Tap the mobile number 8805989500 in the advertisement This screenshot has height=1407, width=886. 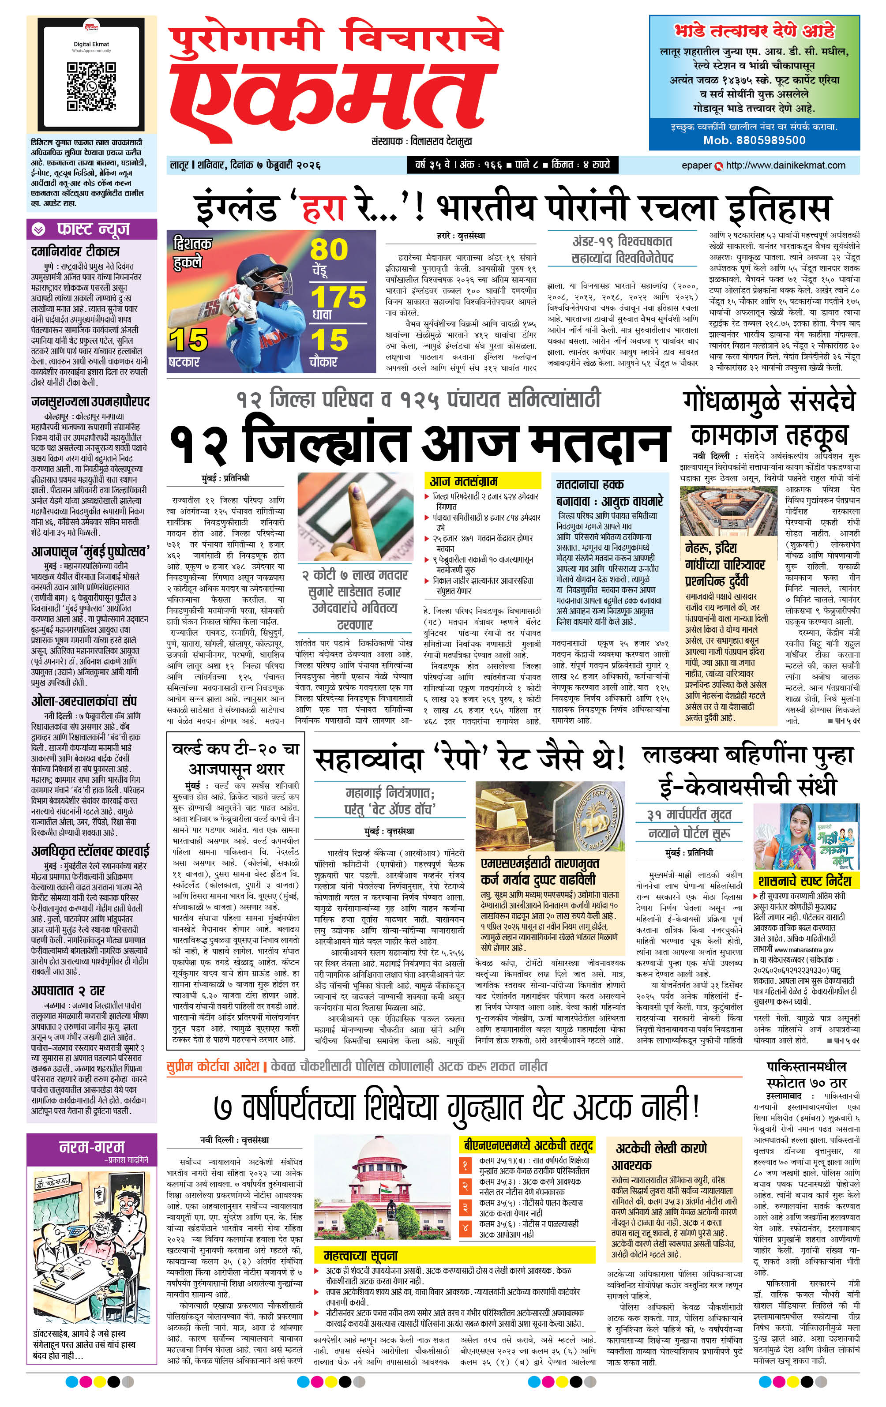tap(755, 140)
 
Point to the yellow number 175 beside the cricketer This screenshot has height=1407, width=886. tap(338, 297)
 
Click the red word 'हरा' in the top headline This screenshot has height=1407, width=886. tap(325, 208)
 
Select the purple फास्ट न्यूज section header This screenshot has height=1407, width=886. tap(92, 229)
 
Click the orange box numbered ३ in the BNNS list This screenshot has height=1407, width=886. tap(465, 1207)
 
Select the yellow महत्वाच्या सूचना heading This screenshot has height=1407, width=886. tap(360, 1255)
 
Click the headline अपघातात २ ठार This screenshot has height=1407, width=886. tap(68, 991)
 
